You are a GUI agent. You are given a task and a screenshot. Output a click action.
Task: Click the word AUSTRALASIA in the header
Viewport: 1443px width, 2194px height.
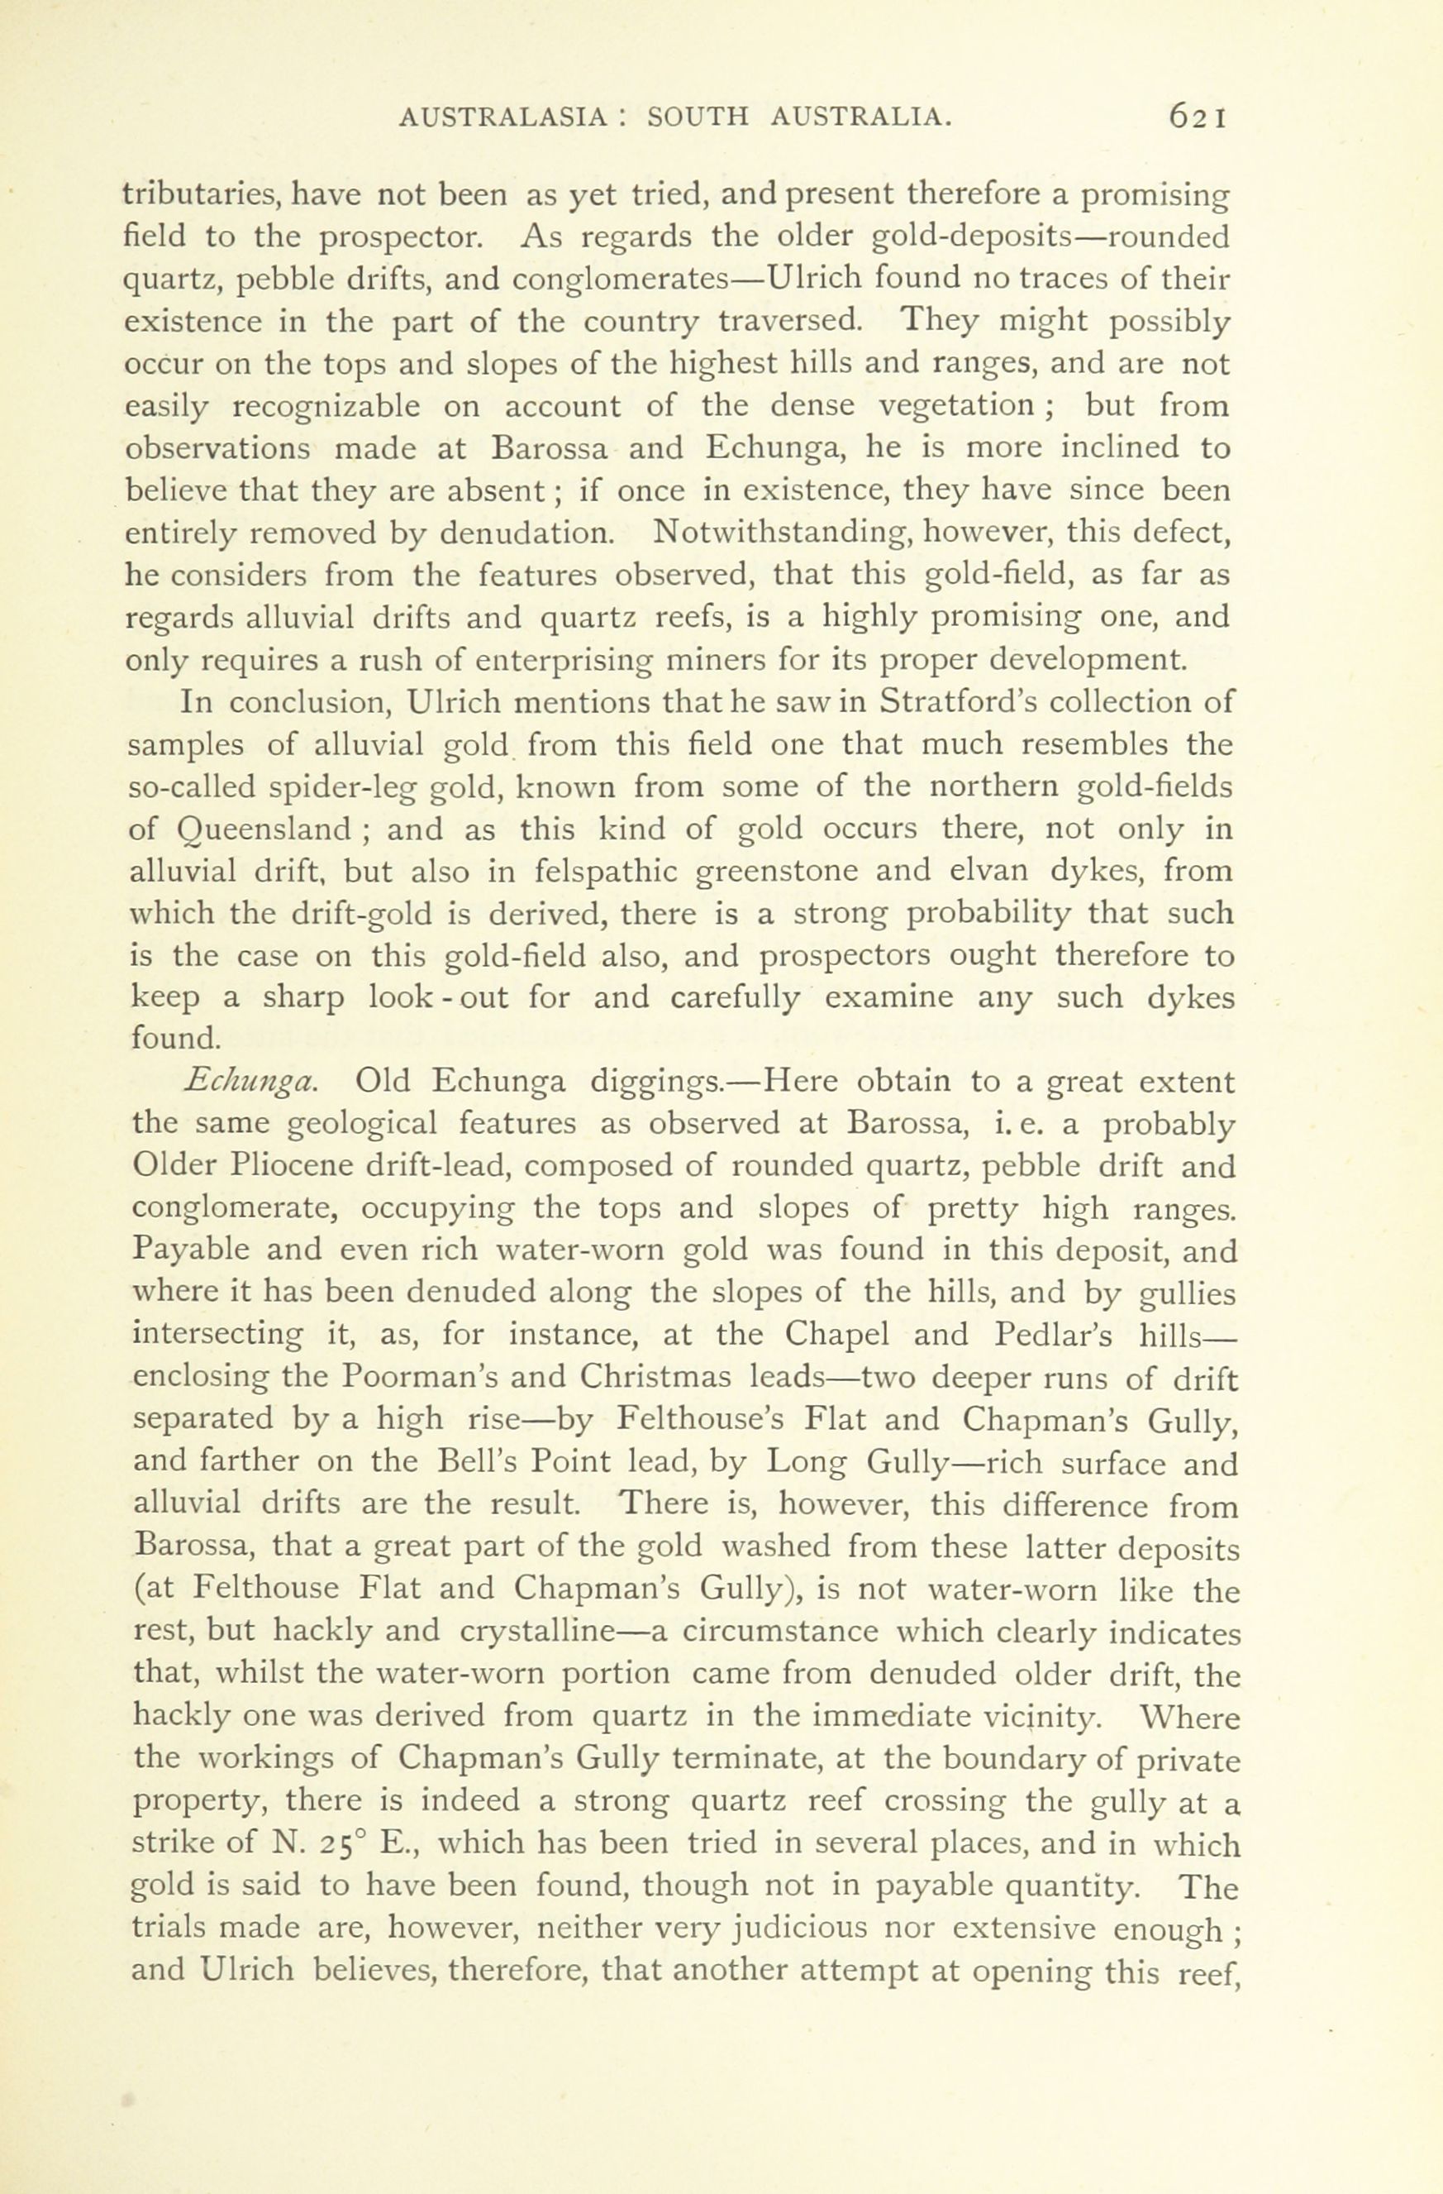504,118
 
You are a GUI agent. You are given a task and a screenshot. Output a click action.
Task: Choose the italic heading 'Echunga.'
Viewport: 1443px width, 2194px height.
250,1082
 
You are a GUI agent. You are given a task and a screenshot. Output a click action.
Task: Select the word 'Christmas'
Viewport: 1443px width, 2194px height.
655,1377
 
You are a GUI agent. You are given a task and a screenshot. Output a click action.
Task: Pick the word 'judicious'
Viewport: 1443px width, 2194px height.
824,1928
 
